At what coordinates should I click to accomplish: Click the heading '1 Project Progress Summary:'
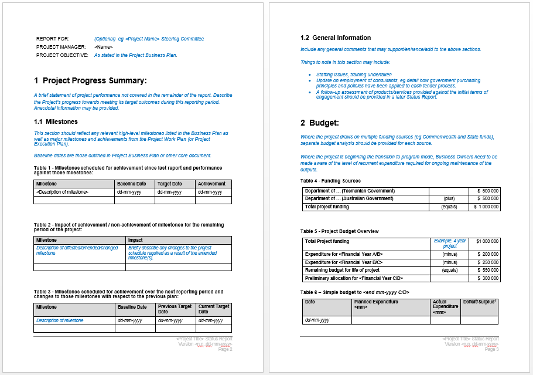coord(90,80)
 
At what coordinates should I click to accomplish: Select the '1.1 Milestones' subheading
coord(56,122)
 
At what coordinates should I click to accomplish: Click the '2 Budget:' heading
coord(320,123)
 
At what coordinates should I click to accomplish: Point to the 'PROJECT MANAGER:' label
coord(61,47)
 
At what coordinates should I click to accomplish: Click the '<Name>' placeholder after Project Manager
coord(104,47)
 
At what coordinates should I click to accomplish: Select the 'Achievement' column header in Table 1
coord(211,184)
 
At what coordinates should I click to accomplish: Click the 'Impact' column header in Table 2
coord(135,240)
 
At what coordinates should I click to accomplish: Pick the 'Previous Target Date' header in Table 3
coord(175,309)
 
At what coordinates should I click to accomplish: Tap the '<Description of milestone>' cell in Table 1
coord(62,192)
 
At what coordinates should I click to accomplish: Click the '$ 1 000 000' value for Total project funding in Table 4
coord(486,207)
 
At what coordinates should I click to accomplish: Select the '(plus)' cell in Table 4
coord(449,199)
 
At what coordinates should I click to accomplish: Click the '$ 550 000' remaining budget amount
coord(487,271)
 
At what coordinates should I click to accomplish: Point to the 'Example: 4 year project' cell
coord(450,244)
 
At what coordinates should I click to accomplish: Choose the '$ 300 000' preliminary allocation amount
coord(487,278)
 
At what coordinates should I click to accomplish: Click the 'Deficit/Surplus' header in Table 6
coord(479,302)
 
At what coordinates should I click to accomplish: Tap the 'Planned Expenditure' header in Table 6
coord(376,302)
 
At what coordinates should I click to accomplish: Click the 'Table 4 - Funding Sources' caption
coord(330,181)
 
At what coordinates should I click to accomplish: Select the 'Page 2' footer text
coord(225,350)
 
